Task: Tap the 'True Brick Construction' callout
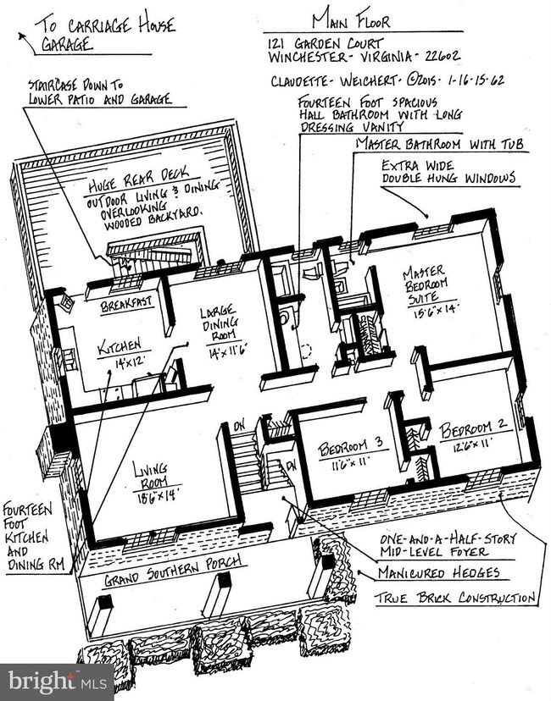pos(455,598)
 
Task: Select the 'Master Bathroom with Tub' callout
pos(441,145)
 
